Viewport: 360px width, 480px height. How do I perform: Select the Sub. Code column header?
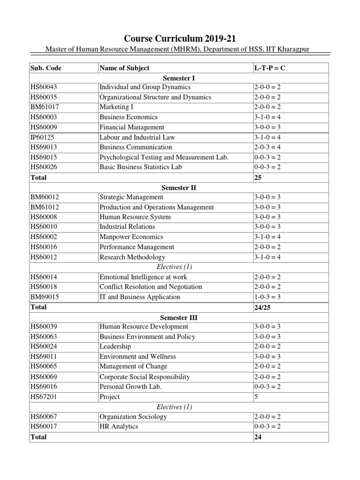tap(45, 68)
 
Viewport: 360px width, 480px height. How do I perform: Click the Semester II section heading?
tap(180, 187)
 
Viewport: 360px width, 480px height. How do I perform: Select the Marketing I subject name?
tap(116, 107)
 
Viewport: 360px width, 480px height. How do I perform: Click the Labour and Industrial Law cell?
tap(137, 137)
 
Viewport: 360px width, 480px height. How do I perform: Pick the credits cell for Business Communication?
tap(266, 147)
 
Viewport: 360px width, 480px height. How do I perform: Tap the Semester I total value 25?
tap(257, 178)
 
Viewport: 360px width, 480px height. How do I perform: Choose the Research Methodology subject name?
tap(132, 257)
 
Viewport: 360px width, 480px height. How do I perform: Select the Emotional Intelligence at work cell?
tap(143, 277)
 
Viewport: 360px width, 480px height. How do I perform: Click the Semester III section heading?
tap(180, 317)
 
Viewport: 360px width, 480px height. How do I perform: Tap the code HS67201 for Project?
tap(44, 397)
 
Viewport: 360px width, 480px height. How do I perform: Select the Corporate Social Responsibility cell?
tap(144, 376)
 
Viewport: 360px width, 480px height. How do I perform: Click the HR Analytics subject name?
tap(119, 427)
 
